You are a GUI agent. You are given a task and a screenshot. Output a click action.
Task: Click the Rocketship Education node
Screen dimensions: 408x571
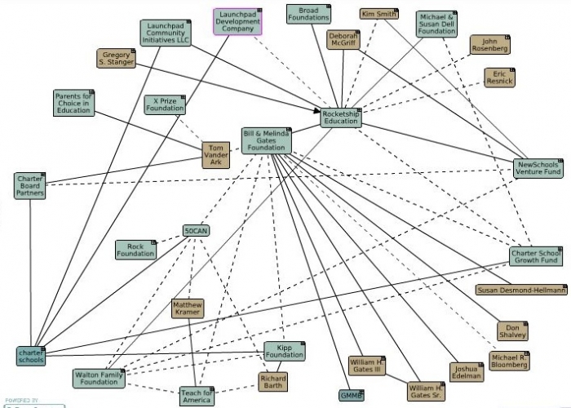pos(340,118)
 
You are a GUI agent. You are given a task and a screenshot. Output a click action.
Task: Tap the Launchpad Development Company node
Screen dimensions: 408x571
pos(239,21)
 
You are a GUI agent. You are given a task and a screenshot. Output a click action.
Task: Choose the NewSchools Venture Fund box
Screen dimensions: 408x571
pos(538,169)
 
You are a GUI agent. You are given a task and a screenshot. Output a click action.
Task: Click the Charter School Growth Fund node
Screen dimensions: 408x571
pos(535,256)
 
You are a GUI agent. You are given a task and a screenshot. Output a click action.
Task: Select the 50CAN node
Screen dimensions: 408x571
pos(196,231)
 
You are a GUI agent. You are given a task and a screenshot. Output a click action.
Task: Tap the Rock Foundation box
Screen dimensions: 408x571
pos(135,250)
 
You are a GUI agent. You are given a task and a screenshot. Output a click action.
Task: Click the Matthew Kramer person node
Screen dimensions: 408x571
pos(188,308)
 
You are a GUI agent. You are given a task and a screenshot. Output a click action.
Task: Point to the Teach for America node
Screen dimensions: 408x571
pos(196,397)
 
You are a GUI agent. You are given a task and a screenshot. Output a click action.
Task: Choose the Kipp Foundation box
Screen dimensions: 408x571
pos(284,351)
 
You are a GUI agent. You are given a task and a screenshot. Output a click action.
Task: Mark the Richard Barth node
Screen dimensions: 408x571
pos(272,381)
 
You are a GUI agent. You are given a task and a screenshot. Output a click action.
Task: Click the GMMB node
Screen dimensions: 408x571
pos(351,396)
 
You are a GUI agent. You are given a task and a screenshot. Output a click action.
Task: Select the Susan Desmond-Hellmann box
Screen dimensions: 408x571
pos(520,290)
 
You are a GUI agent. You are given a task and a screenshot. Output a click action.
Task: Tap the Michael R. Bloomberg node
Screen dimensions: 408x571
pos(510,361)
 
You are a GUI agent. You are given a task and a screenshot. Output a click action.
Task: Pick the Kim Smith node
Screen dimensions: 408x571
pos(379,14)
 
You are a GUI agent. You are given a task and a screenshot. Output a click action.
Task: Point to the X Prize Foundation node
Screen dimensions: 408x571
pos(165,104)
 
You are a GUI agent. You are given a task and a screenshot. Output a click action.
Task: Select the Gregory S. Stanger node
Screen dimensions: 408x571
pos(116,59)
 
